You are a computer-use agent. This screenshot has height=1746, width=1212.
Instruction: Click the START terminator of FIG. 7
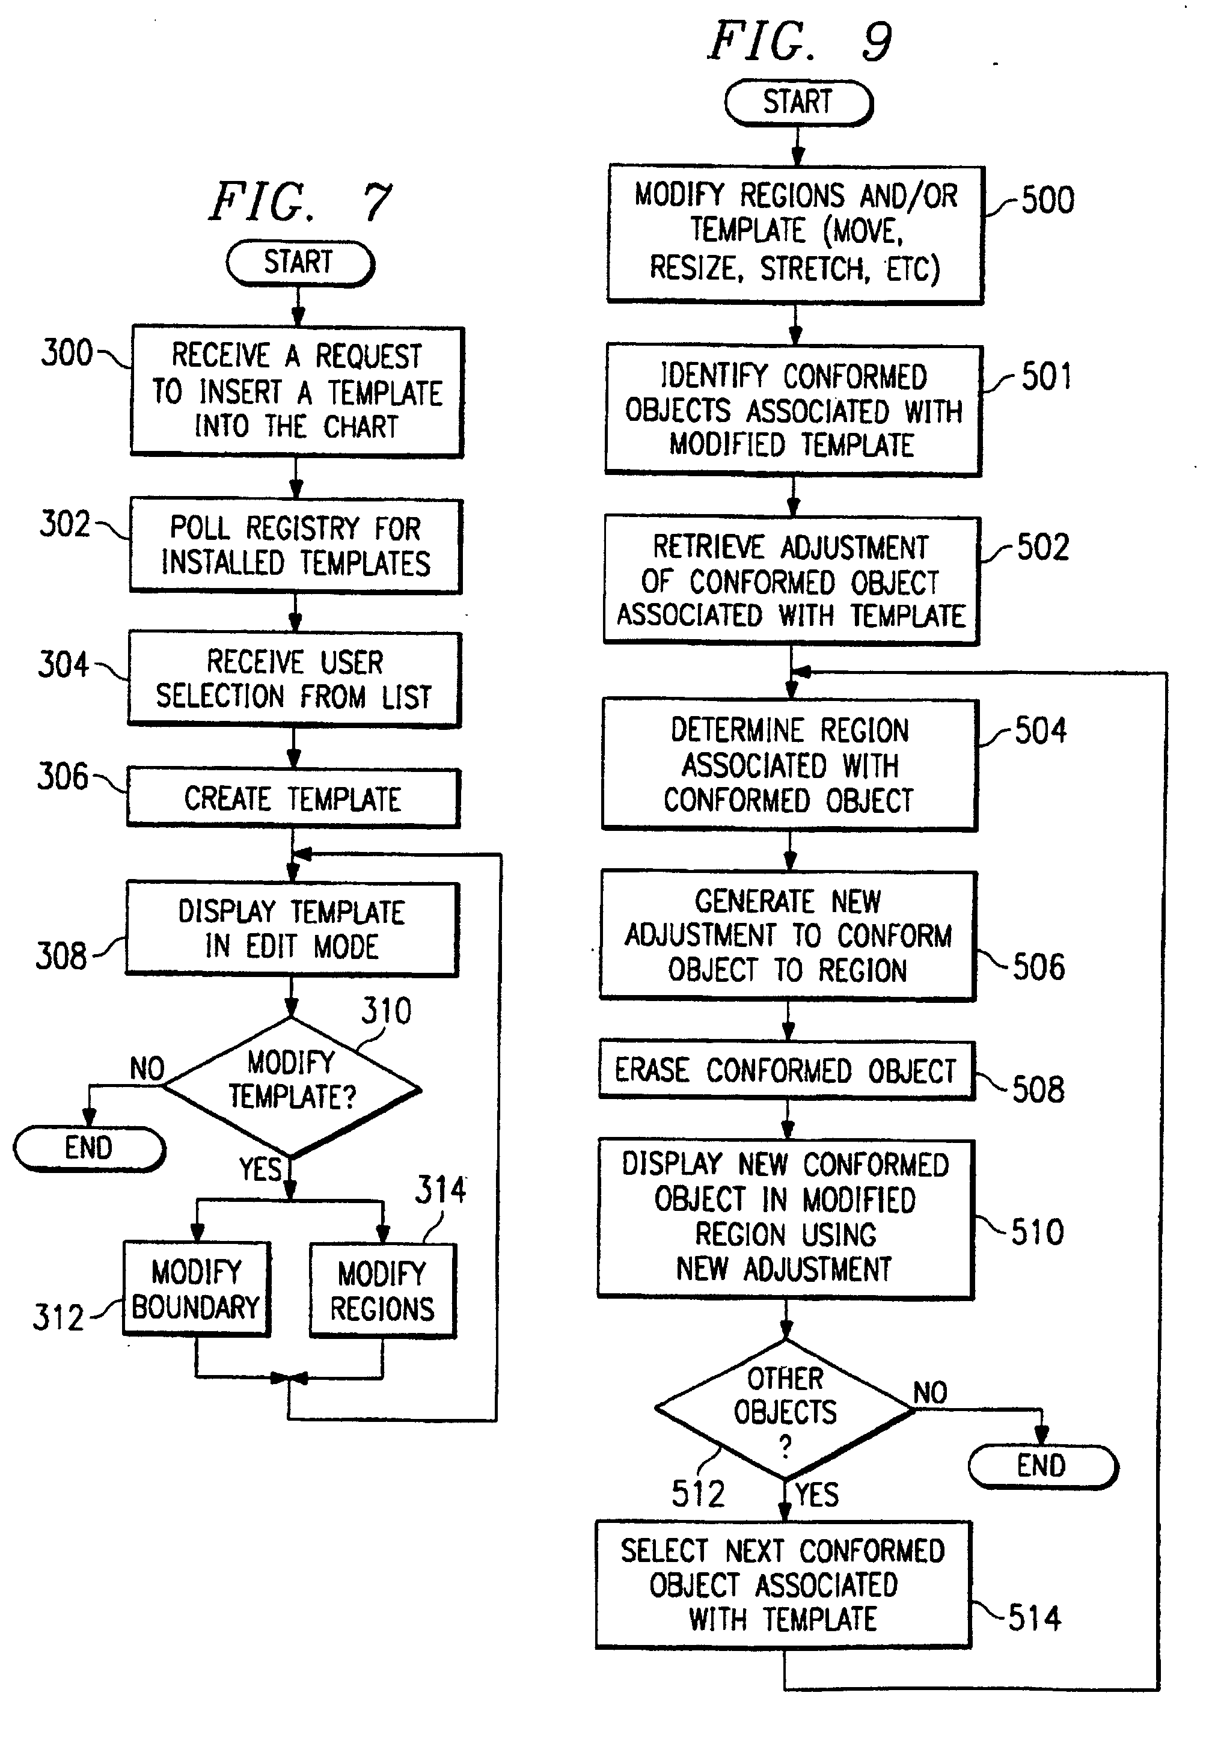tap(299, 263)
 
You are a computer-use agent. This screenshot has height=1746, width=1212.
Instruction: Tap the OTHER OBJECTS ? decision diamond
tap(785, 1409)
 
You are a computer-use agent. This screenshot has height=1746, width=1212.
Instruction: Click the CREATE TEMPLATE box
tap(293, 798)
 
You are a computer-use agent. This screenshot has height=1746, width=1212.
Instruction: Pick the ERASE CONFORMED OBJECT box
tap(785, 1070)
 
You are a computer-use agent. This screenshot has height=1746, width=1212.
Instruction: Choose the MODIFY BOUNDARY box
tap(196, 1289)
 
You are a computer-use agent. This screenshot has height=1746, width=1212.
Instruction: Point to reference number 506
tap(1039, 967)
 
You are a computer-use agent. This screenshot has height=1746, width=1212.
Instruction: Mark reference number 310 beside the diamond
tap(387, 1011)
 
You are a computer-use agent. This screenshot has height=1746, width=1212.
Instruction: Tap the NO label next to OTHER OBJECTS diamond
tap(930, 1392)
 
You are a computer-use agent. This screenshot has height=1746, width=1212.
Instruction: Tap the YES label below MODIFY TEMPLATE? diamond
tap(260, 1169)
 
